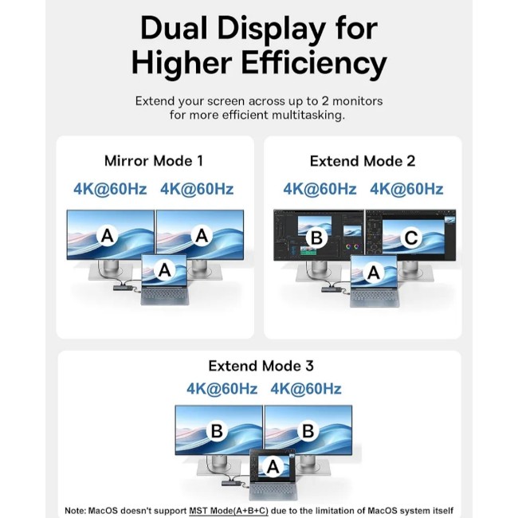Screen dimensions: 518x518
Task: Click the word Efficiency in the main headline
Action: [314, 63]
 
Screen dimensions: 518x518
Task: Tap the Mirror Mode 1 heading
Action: [154, 161]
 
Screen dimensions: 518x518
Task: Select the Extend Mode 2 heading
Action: [363, 161]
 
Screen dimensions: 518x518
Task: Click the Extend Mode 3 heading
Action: [261, 366]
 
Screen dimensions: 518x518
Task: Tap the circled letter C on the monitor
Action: [410, 237]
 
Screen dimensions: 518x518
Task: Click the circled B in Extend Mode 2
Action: [316, 237]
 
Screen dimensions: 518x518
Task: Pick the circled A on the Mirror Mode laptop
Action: [164, 270]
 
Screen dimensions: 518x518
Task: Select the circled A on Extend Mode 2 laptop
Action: [373, 273]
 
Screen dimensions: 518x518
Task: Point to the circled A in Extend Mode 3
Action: [273, 467]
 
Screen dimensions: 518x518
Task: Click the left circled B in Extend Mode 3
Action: [217, 431]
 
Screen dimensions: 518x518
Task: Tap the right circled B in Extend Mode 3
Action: [308, 431]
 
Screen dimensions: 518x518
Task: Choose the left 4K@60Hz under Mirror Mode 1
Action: [110, 190]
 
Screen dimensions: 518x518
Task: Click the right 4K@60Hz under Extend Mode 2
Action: [406, 190]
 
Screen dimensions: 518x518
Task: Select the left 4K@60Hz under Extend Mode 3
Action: [222, 389]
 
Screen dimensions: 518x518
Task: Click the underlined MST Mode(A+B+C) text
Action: [229, 510]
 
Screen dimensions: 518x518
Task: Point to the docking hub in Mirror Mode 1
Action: [123, 288]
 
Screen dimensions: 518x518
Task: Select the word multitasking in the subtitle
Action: [308, 116]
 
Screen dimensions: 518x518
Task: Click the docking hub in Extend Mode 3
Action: [232, 483]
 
